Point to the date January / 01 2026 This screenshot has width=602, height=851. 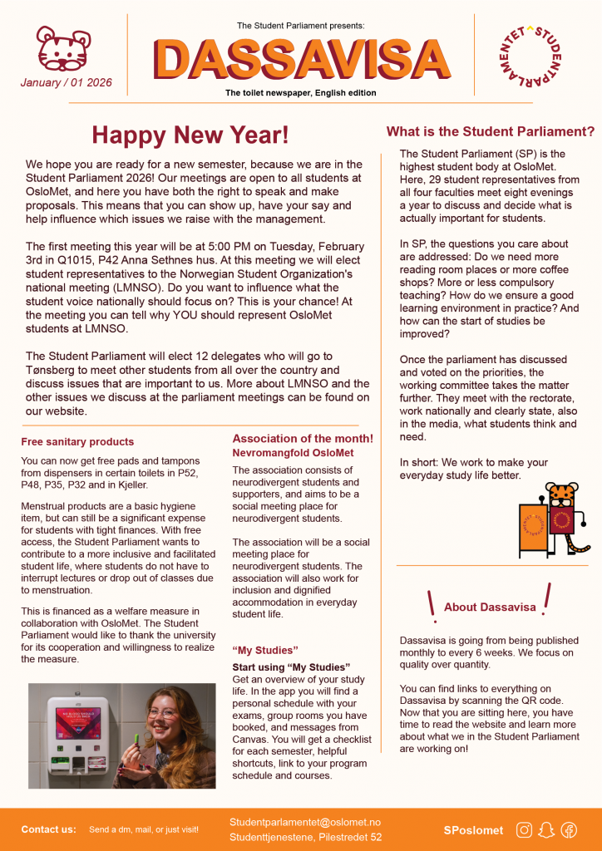click(x=67, y=83)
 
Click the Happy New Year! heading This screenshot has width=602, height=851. click(x=190, y=135)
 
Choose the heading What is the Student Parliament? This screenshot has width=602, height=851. click(x=491, y=131)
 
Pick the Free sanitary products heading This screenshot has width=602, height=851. click(x=77, y=441)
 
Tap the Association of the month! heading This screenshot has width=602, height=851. click(x=303, y=438)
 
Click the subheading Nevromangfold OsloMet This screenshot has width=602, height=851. click(x=293, y=453)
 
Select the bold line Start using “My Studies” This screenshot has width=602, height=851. click(x=290, y=667)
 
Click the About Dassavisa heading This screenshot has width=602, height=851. click(x=490, y=607)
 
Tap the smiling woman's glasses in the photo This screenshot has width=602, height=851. click(x=162, y=713)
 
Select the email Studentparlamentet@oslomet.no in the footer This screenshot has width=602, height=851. click(x=305, y=822)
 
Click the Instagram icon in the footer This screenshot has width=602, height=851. click(x=524, y=829)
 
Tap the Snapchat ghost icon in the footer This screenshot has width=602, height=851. click(x=546, y=829)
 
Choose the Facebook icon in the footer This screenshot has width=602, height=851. click(x=569, y=829)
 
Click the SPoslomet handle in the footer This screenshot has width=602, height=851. click(x=474, y=829)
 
